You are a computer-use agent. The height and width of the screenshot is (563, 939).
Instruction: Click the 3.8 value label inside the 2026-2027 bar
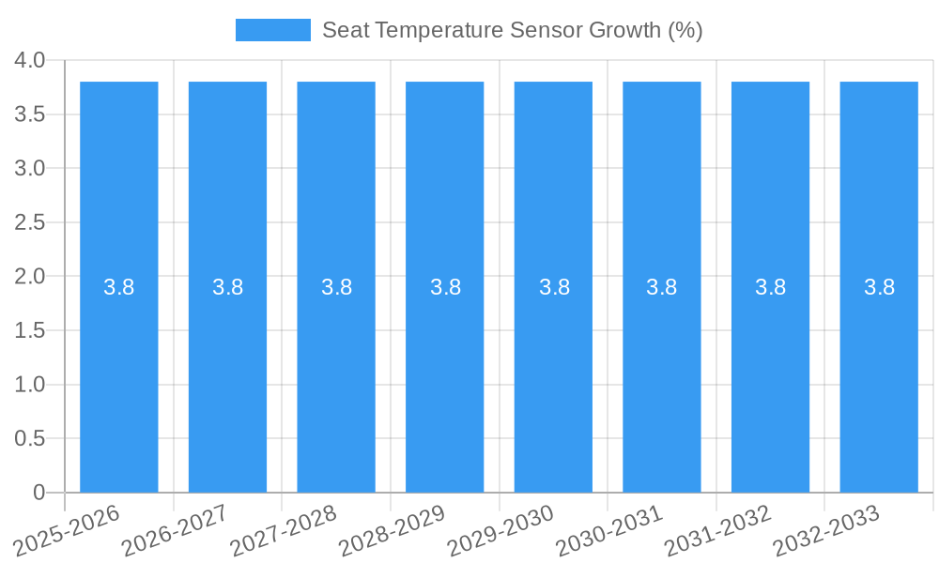tap(228, 287)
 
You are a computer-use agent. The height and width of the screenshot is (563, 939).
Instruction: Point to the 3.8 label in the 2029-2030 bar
tap(554, 287)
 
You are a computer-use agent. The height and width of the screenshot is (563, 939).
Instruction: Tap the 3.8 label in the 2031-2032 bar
tap(771, 287)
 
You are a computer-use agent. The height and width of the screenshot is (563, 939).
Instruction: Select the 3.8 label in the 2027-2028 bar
tap(336, 287)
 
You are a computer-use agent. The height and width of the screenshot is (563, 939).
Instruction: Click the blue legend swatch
tap(272, 30)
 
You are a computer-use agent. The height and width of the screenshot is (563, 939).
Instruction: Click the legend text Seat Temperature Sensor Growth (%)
tap(512, 30)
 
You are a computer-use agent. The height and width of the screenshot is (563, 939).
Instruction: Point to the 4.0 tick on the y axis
tap(30, 60)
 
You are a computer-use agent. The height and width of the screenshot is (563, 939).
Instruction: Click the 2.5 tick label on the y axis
tap(30, 222)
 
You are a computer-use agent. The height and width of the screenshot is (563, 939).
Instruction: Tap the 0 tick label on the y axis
tap(38, 493)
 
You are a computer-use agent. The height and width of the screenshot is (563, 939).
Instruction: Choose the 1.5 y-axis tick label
tap(30, 330)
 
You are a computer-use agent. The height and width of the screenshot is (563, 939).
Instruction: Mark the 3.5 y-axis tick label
tap(30, 114)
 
